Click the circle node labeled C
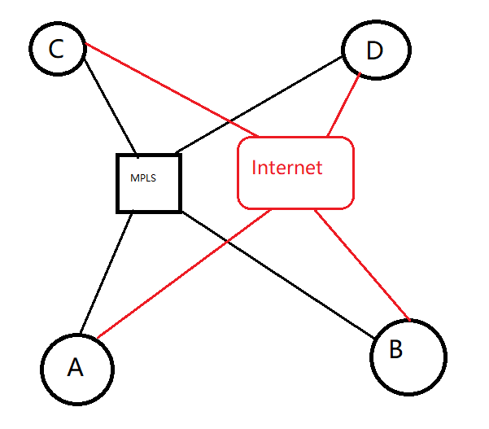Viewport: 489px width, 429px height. [57, 49]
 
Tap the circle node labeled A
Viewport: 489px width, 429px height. [77, 368]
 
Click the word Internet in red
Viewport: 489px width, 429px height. [286, 168]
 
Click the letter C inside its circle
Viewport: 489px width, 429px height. [56, 50]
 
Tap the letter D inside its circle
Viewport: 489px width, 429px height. [374, 51]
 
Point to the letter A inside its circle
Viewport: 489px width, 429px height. [75, 369]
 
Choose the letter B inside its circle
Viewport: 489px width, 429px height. [395, 349]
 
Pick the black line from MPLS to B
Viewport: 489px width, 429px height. [277, 272]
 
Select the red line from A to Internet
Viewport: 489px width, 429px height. [183, 273]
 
